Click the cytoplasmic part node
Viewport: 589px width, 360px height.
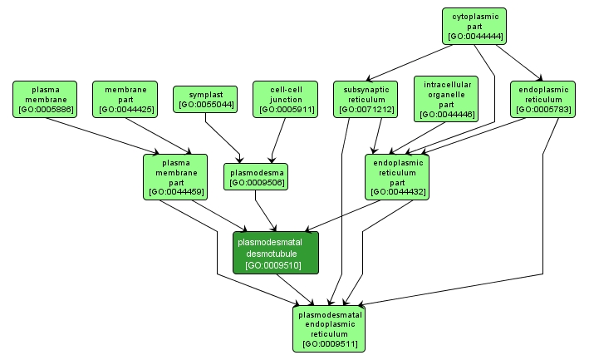pyautogui.click(x=474, y=26)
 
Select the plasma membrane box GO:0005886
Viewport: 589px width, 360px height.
pyautogui.click(x=45, y=99)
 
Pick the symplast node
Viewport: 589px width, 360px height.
pyautogui.click(x=204, y=99)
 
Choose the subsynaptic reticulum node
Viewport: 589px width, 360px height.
pyautogui.click(x=366, y=99)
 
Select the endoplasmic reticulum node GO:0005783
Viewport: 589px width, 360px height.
pyautogui.click(x=542, y=99)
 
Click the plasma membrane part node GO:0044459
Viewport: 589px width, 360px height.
pyautogui.click(x=174, y=176)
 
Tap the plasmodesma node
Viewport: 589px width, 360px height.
pyautogui.click(x=256, y=176)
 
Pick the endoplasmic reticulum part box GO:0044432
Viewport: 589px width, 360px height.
pyautogui.click(x=395, y=176)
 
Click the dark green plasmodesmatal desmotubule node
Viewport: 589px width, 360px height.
pyautogui.click(x=276, y=253)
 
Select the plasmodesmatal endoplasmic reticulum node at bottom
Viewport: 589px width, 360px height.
pyautogui.click(x=330, y=328)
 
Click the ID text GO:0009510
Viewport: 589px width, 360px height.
pyautogui.click(x=276, y=265)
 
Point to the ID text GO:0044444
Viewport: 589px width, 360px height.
pyautogui.click(x=474, y=37)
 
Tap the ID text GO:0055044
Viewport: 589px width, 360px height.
pyautogui.click(x=204, y=105)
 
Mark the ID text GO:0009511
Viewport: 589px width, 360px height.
pyautogui.click(x=330, y=342)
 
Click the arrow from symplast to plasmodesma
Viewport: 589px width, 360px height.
pyautogui.click(x=223, y=137)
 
